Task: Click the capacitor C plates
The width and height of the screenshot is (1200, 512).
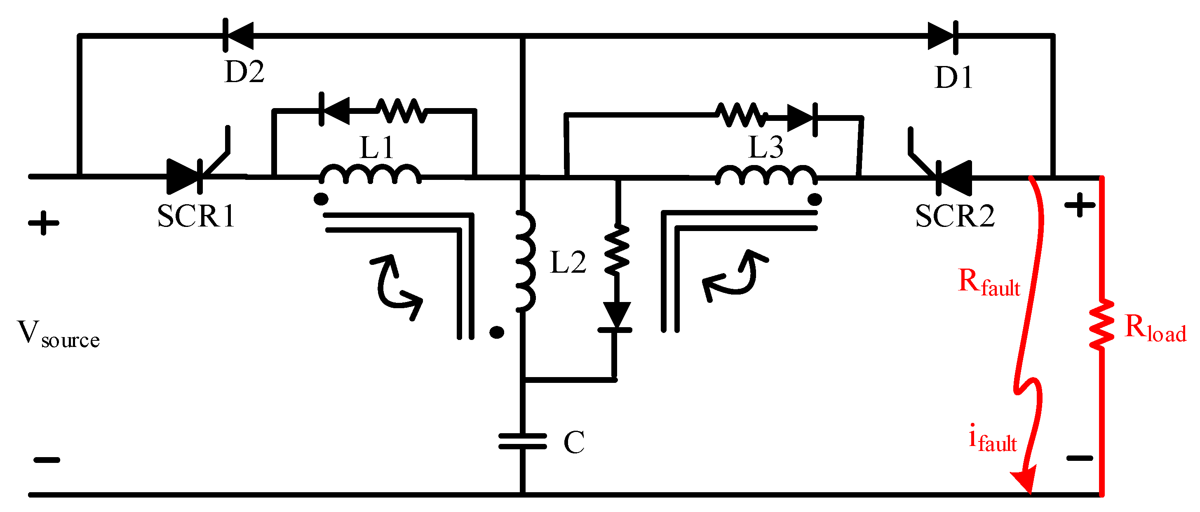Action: (522, 441)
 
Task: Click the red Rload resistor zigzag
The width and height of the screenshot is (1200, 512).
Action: (1102, 325)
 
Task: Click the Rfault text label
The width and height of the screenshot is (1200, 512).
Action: (989, 283)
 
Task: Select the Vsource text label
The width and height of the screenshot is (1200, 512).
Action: (58, 334)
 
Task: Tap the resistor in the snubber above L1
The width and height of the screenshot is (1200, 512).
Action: (401, 111)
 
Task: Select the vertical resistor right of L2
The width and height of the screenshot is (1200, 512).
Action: (617, 250)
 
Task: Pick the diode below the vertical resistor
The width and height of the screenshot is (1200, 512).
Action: (616, 316)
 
